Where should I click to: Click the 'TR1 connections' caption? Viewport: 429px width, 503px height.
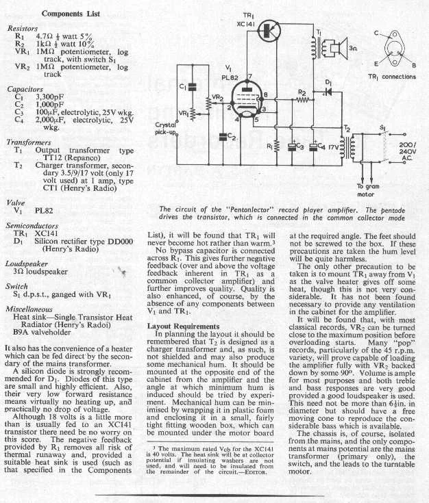pos(392,77)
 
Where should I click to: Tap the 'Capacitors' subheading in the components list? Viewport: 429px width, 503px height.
pos(25,88)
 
